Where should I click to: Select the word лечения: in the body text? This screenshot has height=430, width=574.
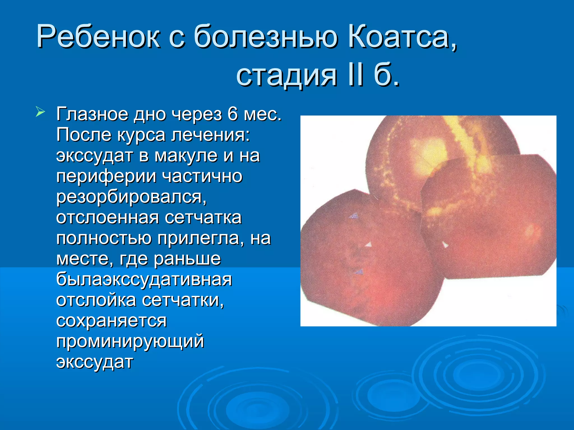pyautogui.click(x=210, y=135)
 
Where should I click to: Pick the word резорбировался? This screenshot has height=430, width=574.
pyautogui.click(x=131, y=197)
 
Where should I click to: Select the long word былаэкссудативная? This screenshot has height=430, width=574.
pyautogui.click(x=144, y=279)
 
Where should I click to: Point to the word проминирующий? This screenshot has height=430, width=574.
pyautogui.click(x=130, y=341)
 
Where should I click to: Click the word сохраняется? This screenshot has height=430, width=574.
pyautogui.click(x=111, y=321)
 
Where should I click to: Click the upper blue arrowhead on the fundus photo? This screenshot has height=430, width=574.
pyautogui.click(x=354, y=216)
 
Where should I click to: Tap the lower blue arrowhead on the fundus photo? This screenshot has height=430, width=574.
pyautogui.click(x=359, y=271)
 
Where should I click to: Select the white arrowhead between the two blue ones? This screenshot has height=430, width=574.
pyautogui.click(x=368, y=244)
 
